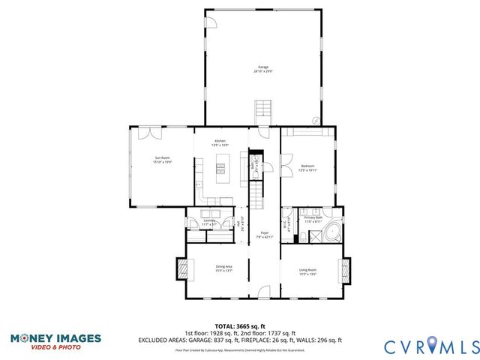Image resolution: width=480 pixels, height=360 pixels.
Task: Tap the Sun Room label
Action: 163,160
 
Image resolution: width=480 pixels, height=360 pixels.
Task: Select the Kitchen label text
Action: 220,142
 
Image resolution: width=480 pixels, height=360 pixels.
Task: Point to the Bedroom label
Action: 307,167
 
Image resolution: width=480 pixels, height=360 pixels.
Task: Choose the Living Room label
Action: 307,271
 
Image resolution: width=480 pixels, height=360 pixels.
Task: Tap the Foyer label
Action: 265,235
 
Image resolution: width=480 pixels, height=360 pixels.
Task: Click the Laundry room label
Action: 209,222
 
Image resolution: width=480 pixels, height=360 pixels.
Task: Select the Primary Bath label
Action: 313,220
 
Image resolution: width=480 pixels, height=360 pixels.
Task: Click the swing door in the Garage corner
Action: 211,23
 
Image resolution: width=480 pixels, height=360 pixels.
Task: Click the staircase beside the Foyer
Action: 256,196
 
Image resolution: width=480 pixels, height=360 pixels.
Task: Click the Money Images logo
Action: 56,341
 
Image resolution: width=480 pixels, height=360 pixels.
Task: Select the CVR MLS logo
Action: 431,346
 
